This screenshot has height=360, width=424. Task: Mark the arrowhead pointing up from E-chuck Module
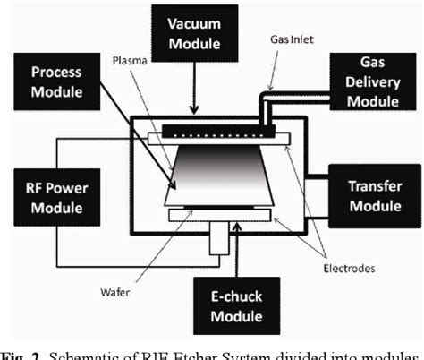[x=235, y=230]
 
